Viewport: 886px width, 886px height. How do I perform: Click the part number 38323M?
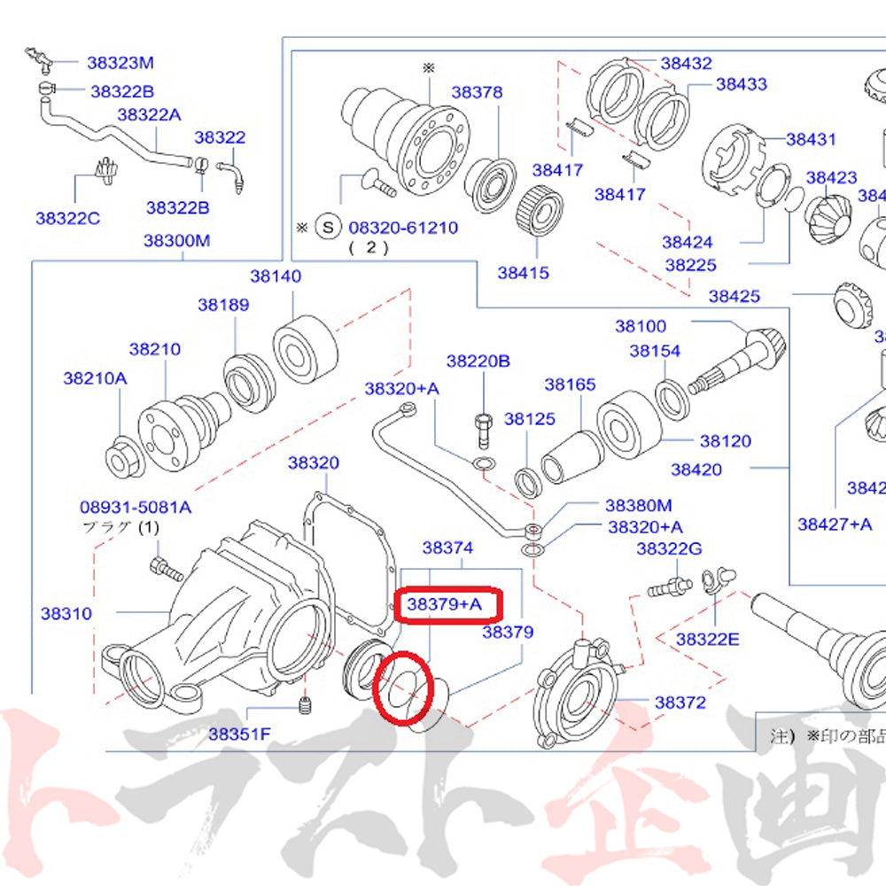[x=120, y=62]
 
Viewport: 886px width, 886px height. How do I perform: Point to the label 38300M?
[x=177, y=240]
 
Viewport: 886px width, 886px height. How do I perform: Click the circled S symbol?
[x=329, y=228]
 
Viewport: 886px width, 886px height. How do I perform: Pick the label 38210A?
[x=95, y=378]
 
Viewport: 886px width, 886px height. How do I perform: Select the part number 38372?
[x=680, y=703]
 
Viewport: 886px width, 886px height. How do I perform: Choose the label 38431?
[x=811, y=139]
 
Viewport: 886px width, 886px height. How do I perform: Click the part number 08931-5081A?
[x=135, y=508]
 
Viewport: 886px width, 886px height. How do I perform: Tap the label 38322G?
[x=668, y=549]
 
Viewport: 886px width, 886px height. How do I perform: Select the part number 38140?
[x=275, y=276]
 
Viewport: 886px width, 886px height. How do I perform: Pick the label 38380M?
[x=638, y=505]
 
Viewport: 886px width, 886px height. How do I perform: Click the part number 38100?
[x=641, y=326]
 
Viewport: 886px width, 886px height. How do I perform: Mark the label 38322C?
[x=68, y=217]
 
